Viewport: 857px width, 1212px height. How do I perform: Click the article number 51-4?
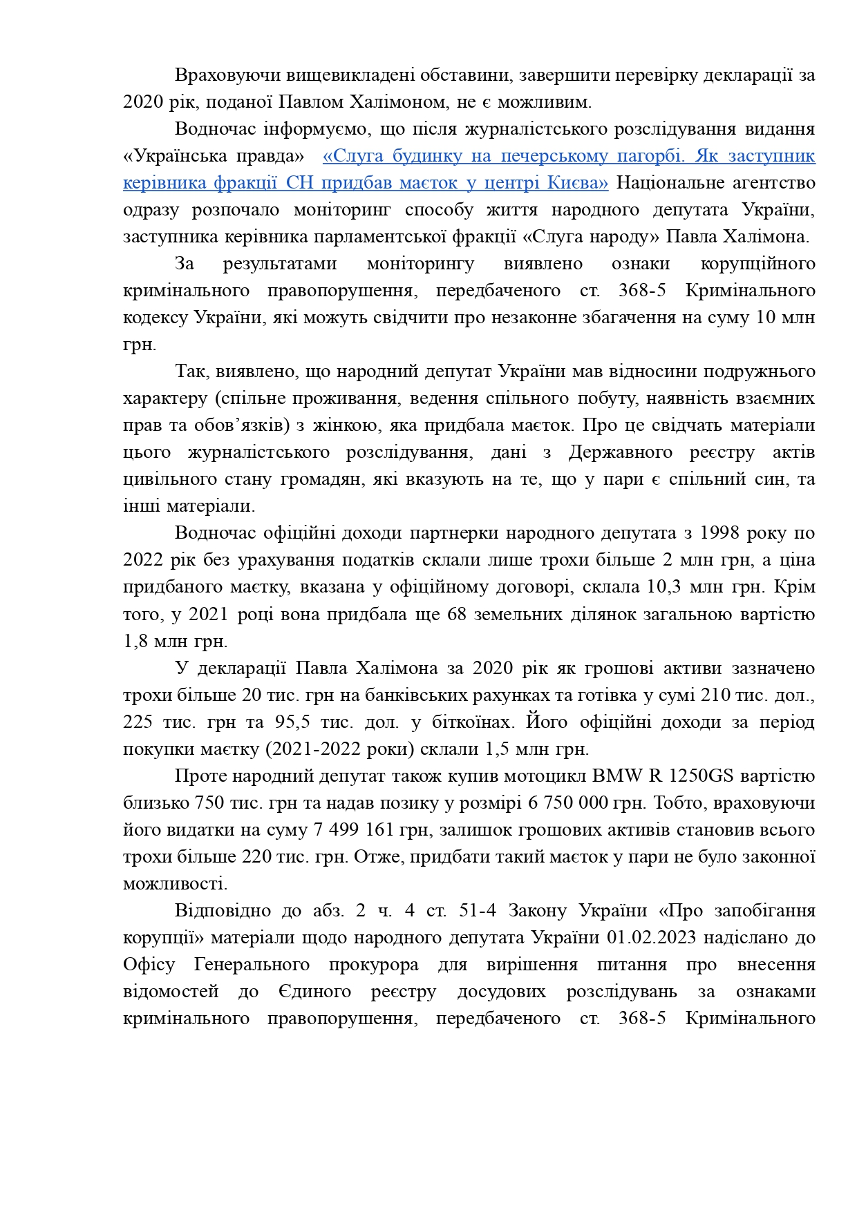(x=478, y=910)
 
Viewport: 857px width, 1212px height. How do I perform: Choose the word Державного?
(x=620, y=452)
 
